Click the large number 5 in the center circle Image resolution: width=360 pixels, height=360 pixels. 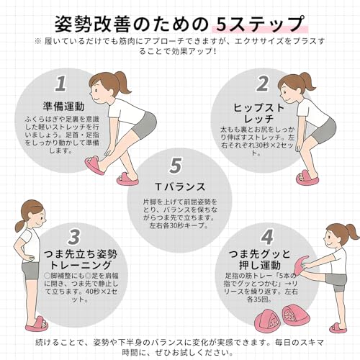175,166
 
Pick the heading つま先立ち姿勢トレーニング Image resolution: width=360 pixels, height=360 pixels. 78,261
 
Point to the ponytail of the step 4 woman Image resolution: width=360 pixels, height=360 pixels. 351,231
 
